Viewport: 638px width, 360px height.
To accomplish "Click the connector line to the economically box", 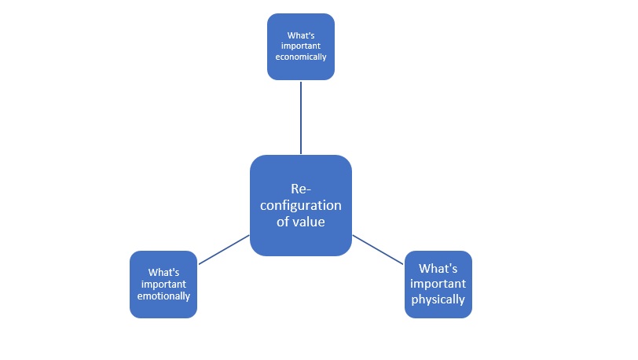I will point(301,117).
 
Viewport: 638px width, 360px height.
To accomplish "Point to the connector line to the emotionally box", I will point(224,249).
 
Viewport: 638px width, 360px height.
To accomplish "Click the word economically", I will point(301,57).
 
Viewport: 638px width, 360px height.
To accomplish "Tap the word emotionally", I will point(163,296).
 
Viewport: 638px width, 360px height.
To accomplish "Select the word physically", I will point(438,299).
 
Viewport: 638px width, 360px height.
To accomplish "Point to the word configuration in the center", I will point(301,205).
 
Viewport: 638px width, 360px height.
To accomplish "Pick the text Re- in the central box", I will point(301,189).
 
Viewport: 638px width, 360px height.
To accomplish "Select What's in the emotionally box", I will point(163,272).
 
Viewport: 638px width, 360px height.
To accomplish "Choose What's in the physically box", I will point(438,268).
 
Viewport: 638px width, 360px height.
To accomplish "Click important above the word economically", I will point(301,46).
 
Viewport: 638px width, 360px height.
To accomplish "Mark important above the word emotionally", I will point(163,284).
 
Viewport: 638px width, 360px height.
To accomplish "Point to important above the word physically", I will point(438,283).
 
